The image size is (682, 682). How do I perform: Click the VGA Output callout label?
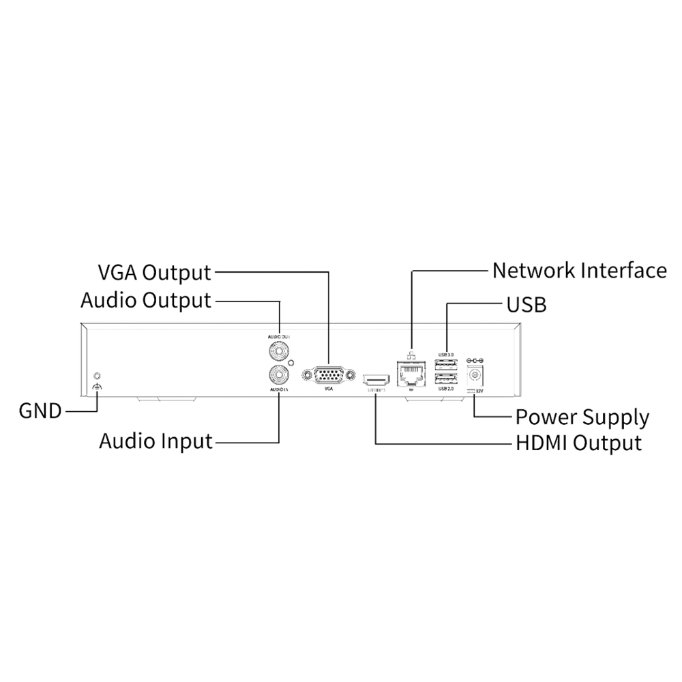tap(155, 273)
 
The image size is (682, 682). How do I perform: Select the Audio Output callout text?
tap(146, 301)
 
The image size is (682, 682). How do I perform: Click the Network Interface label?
tap(579, 270)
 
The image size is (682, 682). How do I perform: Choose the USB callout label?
tap(526, 304)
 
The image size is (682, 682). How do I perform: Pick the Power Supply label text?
tap(582, 417)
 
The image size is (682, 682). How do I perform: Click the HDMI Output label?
tap(578, 443)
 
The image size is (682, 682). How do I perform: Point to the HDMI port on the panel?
tap(376, 377)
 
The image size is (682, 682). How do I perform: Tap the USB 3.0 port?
tap(446, 364)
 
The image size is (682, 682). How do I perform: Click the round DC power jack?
tap(474, 375)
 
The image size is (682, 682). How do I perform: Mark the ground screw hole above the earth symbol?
tap(97, 375)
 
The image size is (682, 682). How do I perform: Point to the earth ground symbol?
tap(97, 388)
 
